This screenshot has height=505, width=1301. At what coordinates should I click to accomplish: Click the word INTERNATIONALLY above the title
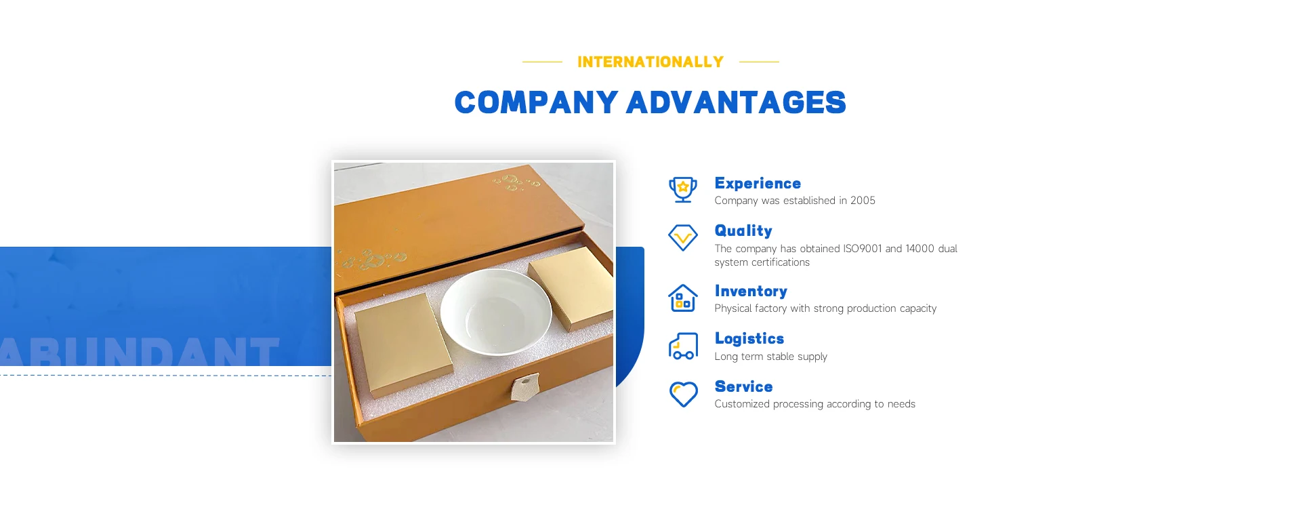click(x=650, y=62)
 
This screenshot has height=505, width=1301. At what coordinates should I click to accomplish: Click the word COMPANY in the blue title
click(x=536, y=102)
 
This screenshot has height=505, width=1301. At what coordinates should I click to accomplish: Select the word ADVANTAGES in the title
click(x=737, y=102)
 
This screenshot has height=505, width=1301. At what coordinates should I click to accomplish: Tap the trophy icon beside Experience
click(x=683, y=190)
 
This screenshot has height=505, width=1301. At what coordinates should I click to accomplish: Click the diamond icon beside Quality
click(x=683, y=238)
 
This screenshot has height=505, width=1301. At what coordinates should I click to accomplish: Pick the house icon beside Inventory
click(x=683, y=298)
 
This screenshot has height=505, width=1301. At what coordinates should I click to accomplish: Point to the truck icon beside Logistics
click(x=683, y=346)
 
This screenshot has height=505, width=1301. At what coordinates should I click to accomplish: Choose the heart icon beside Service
click(x=683, y=394)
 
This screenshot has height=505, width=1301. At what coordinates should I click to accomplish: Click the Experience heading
click(x=758, y=183)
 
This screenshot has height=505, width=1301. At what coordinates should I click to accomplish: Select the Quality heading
click(x=743, y=230)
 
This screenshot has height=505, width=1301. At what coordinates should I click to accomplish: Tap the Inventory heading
click(x=751, y=291)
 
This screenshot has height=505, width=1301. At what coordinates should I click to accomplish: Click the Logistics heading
click(x=749, y=338)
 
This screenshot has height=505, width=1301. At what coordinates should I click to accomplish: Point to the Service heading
click(x=743, y=386)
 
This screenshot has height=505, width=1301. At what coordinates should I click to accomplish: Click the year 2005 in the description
click(x=863, y=201)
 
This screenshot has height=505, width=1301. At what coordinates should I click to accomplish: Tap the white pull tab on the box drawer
click(x=525, y=387)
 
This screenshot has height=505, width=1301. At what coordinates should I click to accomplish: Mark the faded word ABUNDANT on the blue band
click(x=139, y=352)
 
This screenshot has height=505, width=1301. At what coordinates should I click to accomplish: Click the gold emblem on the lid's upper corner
click(x=516, y=182)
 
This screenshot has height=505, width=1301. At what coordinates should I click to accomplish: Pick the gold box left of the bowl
click(x=404, y=345)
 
